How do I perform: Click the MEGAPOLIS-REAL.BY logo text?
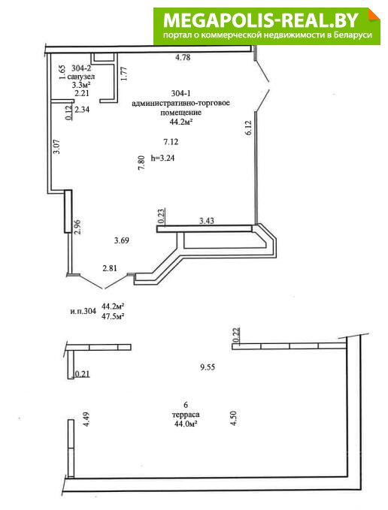point(261,20)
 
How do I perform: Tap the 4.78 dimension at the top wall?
point(183,58)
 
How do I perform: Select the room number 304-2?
point(81,68)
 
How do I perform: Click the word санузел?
point(81,77)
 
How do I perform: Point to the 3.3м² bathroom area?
point(81,85)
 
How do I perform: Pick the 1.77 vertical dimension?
point(123,74)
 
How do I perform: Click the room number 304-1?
point(180,94)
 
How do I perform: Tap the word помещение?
point(181,113)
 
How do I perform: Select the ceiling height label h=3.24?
point(162,158)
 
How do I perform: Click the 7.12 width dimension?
point(171,142)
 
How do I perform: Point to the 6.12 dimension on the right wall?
point(248,128)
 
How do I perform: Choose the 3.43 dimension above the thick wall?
point(206,221)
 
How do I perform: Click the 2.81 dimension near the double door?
point(110,268)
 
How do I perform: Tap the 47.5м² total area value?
point(114,315)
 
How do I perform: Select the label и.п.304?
point(83,311)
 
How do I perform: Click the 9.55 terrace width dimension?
point(208,367)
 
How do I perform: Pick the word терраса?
point(186,415)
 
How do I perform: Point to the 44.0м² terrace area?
point(186,424)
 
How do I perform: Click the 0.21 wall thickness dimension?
point(83,374)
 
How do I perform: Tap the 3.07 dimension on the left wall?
point(56,146)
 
